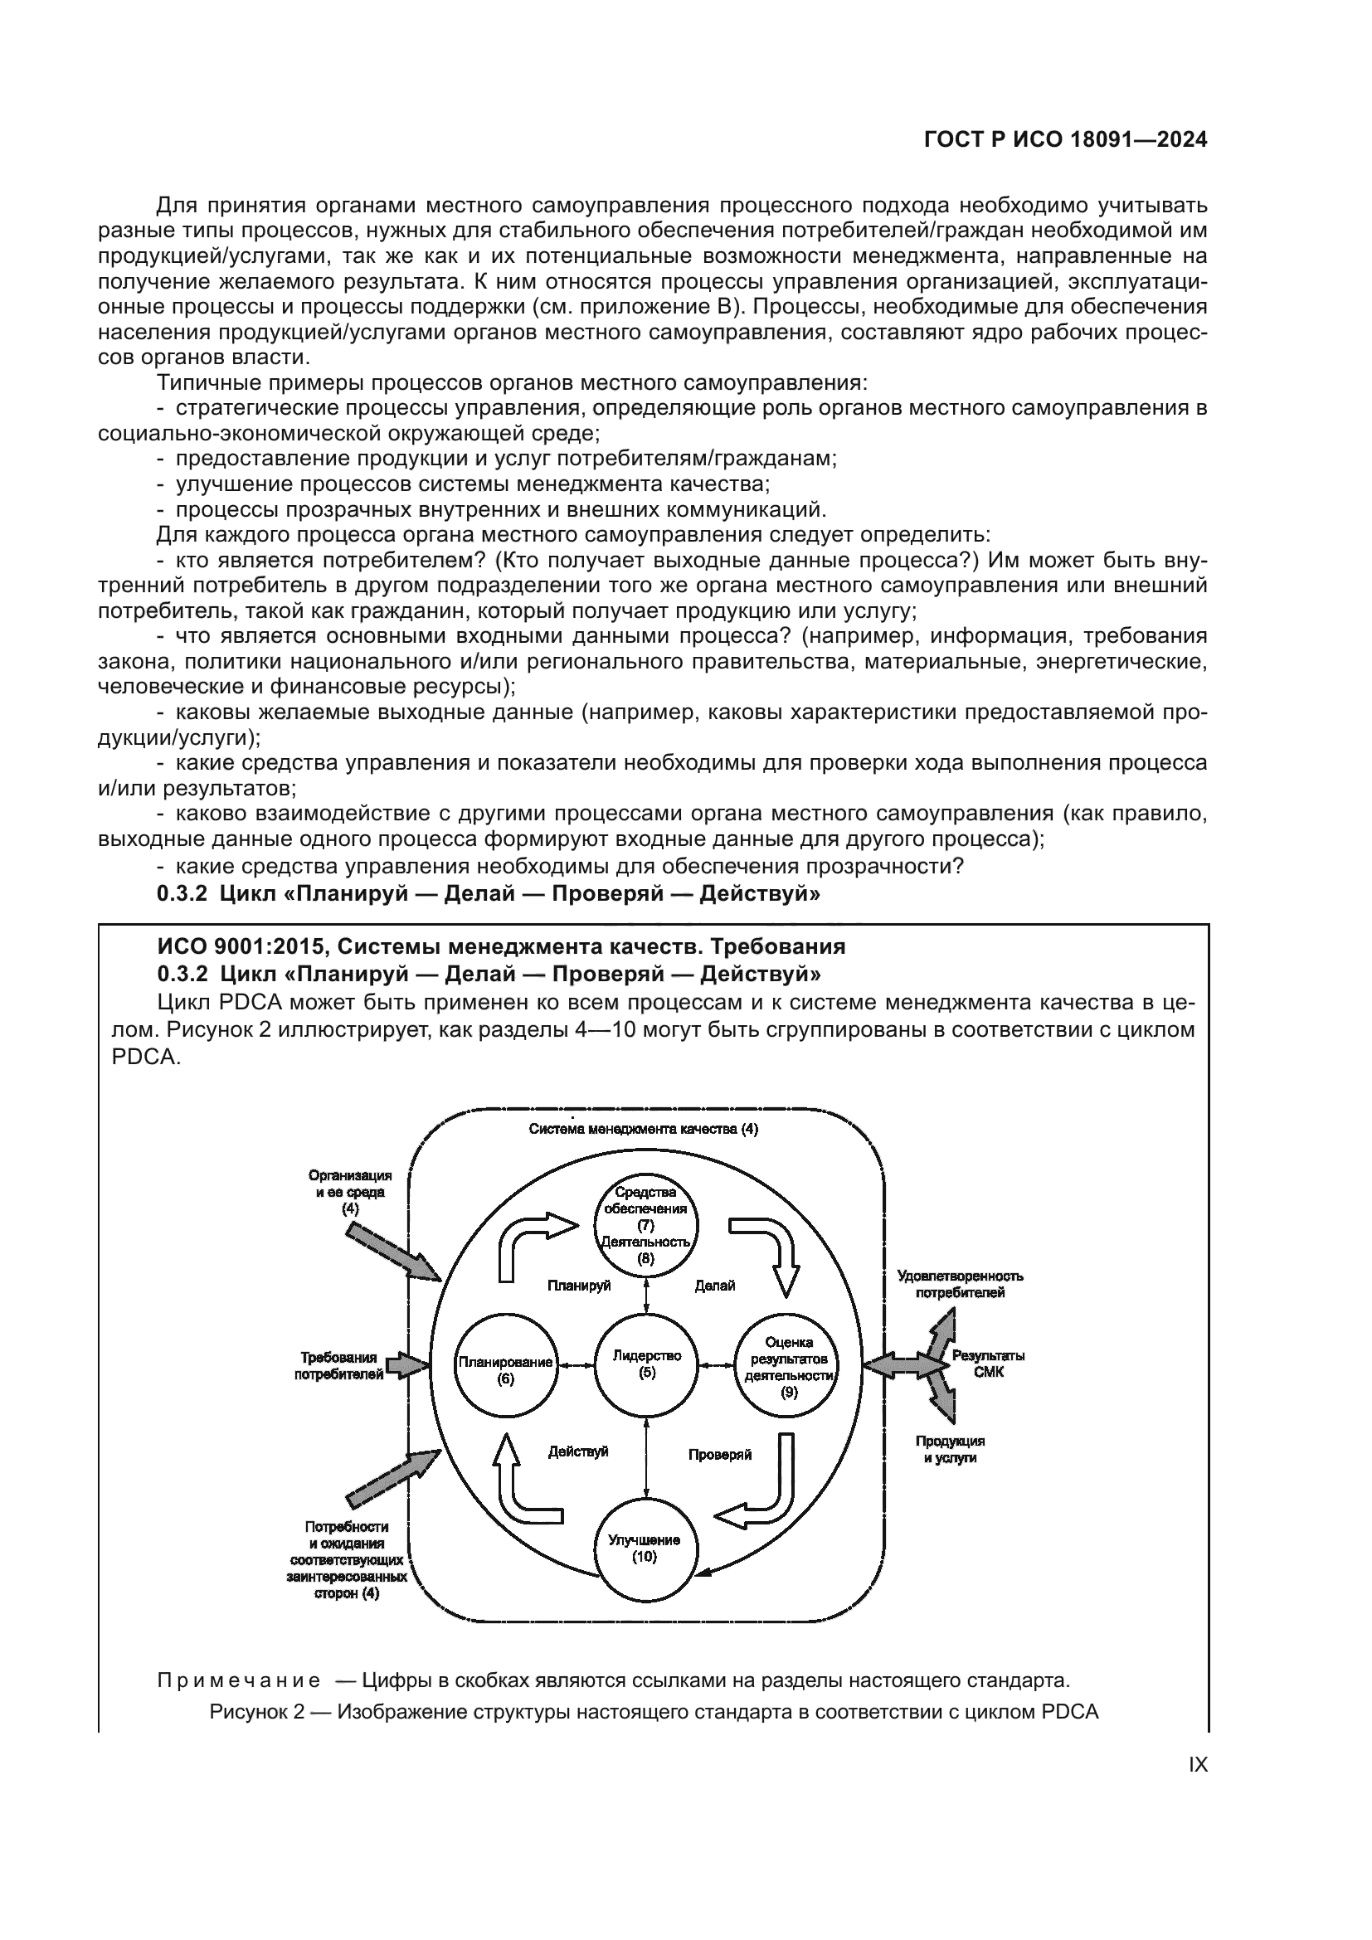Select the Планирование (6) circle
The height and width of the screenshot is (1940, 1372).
pyautogui.click(x=506, y=1369)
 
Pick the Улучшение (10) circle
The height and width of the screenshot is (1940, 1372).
pyautogui.click(x=645, y=1548)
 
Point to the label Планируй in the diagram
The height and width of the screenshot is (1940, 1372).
pyautogui.click(x=579, y=1285)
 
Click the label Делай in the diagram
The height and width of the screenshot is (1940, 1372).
pyautogui.click(x=715, y=1285)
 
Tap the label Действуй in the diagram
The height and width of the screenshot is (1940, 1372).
pyautogui.click(x=578, y=1451)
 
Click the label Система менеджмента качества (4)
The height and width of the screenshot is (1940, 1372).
pyautogui.click(x=643, y=1129)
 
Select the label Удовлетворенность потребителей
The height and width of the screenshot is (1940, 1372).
pyautogui.click(x=961, y=1284)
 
